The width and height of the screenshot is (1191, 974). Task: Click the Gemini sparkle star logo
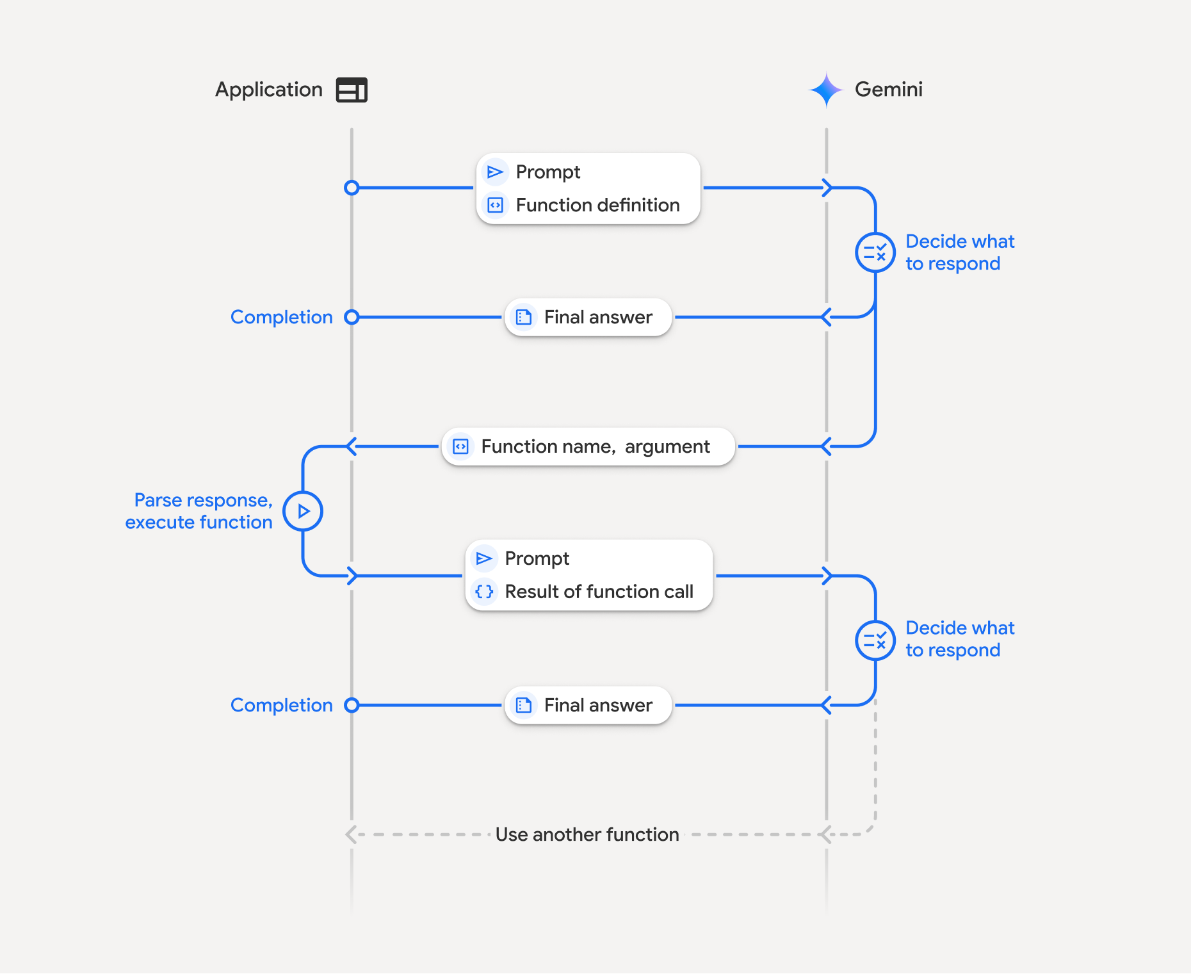click(826, 90)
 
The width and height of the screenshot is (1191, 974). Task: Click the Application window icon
click(352, 90)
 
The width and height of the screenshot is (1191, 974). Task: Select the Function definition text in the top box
click(597, 206)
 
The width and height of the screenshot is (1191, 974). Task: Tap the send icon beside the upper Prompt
click(495, 172)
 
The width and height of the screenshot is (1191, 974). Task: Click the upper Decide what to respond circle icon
click(875, 252)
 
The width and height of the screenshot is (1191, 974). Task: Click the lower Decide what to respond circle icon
click(875, 640)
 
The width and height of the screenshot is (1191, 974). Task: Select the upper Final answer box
click(588, 317)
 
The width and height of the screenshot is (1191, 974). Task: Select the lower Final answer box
click(588, 705)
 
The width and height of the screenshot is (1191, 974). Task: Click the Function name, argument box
click(588, 446)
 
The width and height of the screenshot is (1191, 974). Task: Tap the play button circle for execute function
click(303, 511)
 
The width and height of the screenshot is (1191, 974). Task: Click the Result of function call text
click(599, 592)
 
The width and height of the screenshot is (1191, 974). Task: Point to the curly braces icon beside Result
click(485, 592)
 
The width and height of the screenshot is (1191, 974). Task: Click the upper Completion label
click(281, 317)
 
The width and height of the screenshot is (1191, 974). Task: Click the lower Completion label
click(281, 705)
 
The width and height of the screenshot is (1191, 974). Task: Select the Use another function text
click(587, 834)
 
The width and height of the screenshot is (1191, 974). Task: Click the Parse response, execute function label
click(199, 511)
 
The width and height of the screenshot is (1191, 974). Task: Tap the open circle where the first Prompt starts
click(352, 188)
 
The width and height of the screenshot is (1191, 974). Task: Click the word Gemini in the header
click(888, 90)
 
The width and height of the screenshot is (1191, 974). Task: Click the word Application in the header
click(269, 90)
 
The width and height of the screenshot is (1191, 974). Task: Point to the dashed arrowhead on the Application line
click(350, 834)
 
